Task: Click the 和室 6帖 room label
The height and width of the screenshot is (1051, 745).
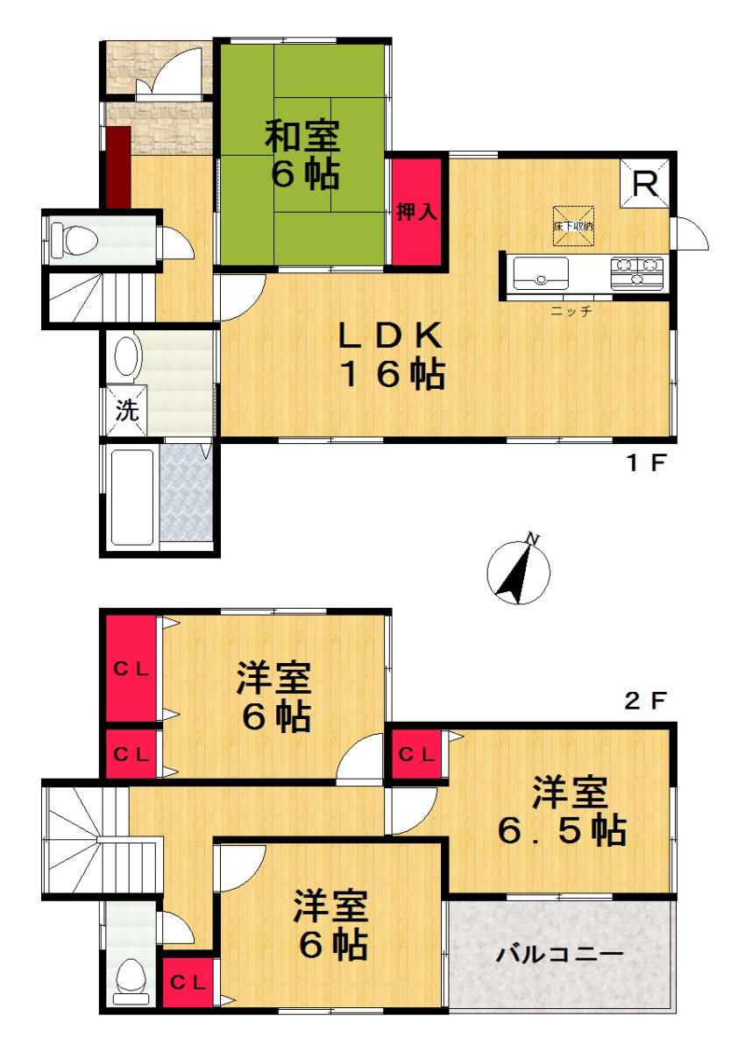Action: click(x=302, y=156)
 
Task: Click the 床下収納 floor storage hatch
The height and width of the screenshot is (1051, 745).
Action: click(x=572, y=227)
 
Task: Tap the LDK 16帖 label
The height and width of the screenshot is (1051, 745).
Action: click(x=393, y=355)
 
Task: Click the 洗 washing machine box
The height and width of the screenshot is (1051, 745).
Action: click(x=128, y=412)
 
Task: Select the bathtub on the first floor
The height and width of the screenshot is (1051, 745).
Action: click(x=132, y=496)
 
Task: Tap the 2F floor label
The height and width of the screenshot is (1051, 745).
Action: click(x=646, y=701)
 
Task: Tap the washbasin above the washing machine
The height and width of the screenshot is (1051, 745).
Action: click(x=128, y=357)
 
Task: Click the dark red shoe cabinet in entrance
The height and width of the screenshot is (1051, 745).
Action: click(x=118, y=166)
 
